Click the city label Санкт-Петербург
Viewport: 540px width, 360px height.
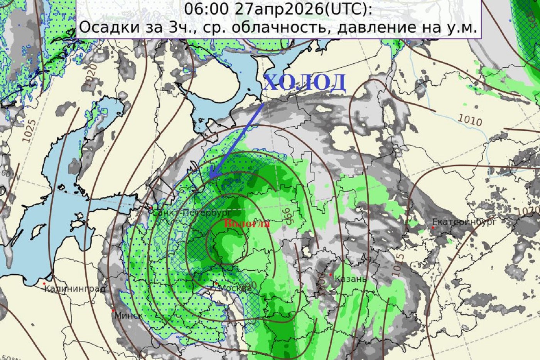click(192, 213)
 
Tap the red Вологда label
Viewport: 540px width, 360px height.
click(246, 224)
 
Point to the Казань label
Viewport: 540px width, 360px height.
click(351, 279)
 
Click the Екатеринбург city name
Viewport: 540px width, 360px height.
click(464, 222)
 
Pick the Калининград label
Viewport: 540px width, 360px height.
click(75, 288)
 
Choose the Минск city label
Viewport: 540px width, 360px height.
click(129, 315)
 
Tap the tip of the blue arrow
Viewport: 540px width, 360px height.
click(210, 178)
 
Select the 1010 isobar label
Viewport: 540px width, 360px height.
click(470, 120)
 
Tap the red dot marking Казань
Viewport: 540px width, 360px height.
click(331, 275)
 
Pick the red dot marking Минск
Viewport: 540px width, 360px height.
click(113, 311)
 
